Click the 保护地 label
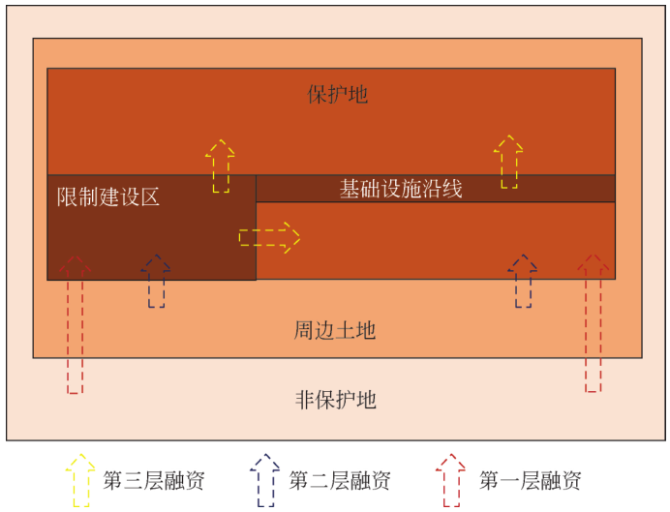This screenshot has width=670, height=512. click(338, 95)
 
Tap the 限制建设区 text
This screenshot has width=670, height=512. click(107, 198)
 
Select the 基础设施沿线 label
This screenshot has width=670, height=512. click(401, 189)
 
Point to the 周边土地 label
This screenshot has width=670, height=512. click(335, 331)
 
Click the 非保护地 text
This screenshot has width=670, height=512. click(335, 400)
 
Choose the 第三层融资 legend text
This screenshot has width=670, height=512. click(154, 480)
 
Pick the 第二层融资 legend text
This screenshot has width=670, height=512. click(340, 480)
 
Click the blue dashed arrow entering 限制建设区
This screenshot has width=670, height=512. click(156, 282)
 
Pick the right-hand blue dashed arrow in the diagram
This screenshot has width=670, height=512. click(524, 282)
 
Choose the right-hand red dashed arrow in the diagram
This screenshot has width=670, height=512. click(594, 323)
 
